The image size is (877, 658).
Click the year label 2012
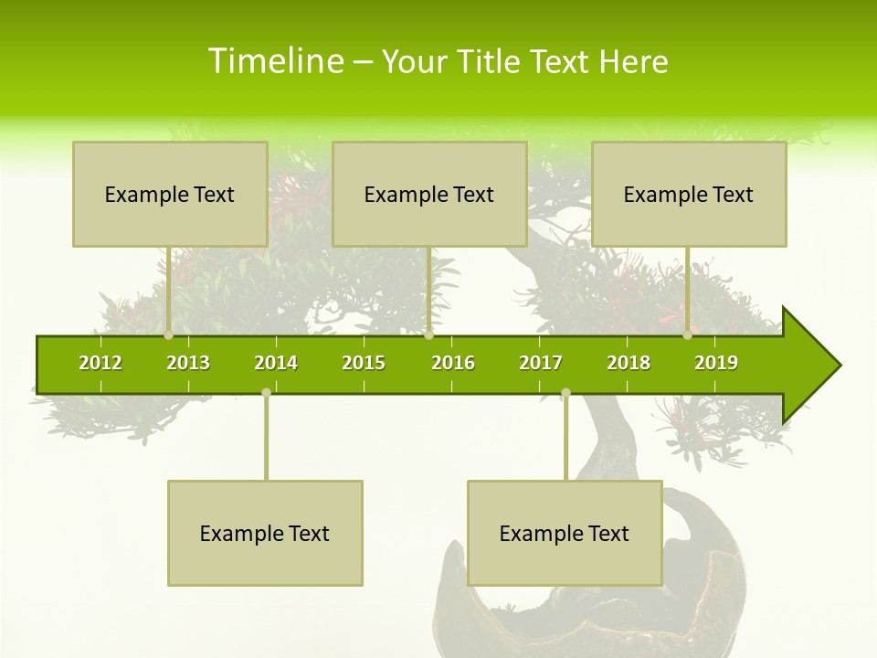click(x=100, y=363)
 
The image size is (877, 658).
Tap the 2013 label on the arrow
click(x=188, y=363)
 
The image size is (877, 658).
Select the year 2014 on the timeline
click(x=276, y=363)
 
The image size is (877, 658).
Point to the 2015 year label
click(x=364, y=363)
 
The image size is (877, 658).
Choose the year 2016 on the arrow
click(x=453, y=363)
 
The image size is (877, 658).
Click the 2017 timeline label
click(x=541, y=363)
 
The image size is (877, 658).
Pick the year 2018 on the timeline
click(x=629, y=363)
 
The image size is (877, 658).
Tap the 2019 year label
click(x=716, y=363)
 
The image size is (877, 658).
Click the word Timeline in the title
click(x=274, y=61)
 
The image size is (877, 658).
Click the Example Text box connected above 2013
click(x=170, y=194)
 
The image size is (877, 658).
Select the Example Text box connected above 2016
click(x=429, y=194)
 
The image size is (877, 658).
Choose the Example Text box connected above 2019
click(x=689, y=194)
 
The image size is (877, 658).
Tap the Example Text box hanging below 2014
click(x=265, y=533)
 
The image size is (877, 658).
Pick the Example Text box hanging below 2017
click(x=565, y=533)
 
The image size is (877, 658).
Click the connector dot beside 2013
click(x=169, y=335)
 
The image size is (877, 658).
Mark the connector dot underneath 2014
click(x=266, y=392)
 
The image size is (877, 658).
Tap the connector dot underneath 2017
click(x=565, y=392)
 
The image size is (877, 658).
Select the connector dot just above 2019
click(x=687, y=335)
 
